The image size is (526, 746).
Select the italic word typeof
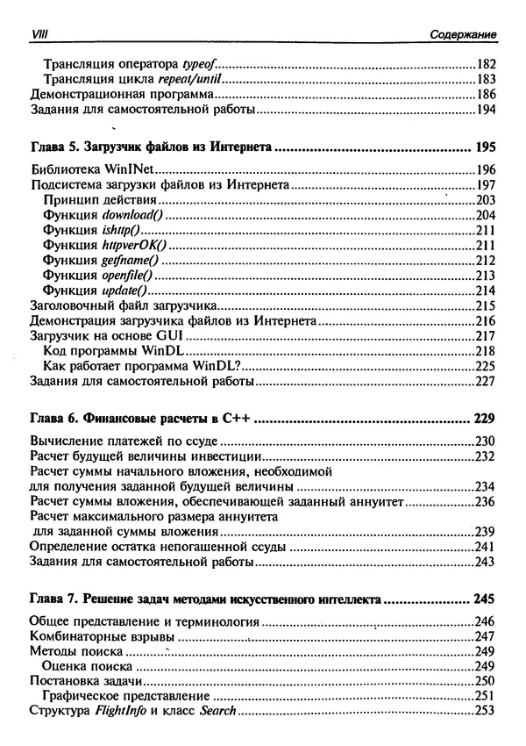point(198,64)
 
